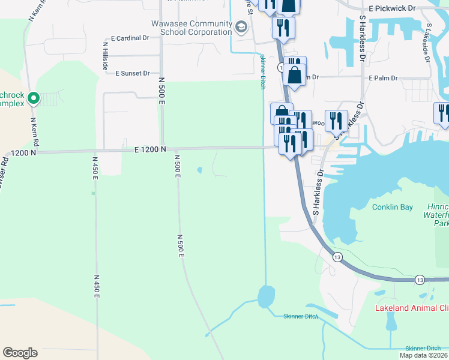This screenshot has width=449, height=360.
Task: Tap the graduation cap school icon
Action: [x=240, y=27]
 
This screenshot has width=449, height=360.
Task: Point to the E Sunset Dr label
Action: [x=133, y=73]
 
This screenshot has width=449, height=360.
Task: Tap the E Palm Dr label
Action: [x=384, y=78]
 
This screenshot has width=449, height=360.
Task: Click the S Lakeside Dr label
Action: [x=427, y=43]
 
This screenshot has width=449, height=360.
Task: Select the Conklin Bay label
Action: [x=392, y=208]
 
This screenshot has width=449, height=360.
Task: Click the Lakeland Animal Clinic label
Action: [x=411, y=308]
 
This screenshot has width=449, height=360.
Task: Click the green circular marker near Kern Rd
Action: [x=34, y=97]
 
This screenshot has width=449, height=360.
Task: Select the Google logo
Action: [x=20, y=353]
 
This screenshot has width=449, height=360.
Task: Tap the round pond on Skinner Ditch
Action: [x=266, y=296]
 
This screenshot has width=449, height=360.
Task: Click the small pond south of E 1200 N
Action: [x=199, y=170]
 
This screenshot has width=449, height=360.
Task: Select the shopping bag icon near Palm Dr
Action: [x=294, y=76]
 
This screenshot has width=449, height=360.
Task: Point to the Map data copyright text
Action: [x=423, y=355]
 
